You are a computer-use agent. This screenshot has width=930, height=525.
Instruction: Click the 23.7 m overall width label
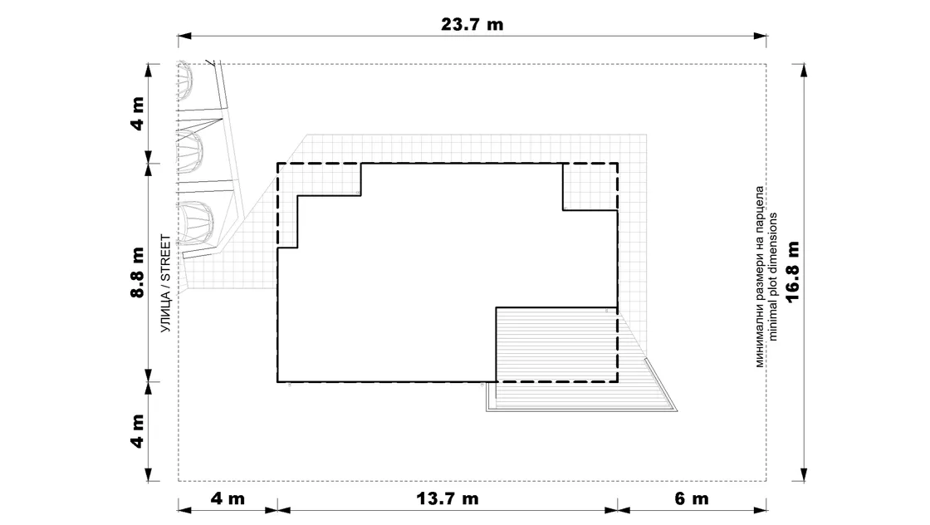[472, 24]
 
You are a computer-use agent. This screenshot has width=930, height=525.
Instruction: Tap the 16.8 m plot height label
[792, 272]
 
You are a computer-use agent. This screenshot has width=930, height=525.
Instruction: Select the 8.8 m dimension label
[138, 272]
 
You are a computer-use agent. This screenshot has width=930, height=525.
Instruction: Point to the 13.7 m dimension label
[448, 498]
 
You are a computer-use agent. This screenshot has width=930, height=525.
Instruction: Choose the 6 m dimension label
[692, 498]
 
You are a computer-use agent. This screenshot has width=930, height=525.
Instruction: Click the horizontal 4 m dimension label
[228, 498]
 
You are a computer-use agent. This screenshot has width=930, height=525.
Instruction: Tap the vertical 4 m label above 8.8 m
[138, 113]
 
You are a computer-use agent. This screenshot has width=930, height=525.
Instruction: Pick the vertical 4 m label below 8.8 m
[138, 431]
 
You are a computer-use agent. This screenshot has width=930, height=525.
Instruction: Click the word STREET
[165, 258]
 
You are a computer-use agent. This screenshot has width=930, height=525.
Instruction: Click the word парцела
[760, 209]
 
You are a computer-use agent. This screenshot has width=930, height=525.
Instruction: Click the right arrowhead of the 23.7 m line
[760, 37]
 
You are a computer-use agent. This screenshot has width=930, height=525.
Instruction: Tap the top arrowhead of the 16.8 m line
[804, 71]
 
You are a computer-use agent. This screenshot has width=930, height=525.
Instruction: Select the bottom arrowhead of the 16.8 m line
[804, 474]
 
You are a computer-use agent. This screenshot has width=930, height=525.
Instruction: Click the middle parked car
[190, 152]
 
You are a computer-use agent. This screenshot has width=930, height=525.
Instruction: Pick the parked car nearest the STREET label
[195, 223]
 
